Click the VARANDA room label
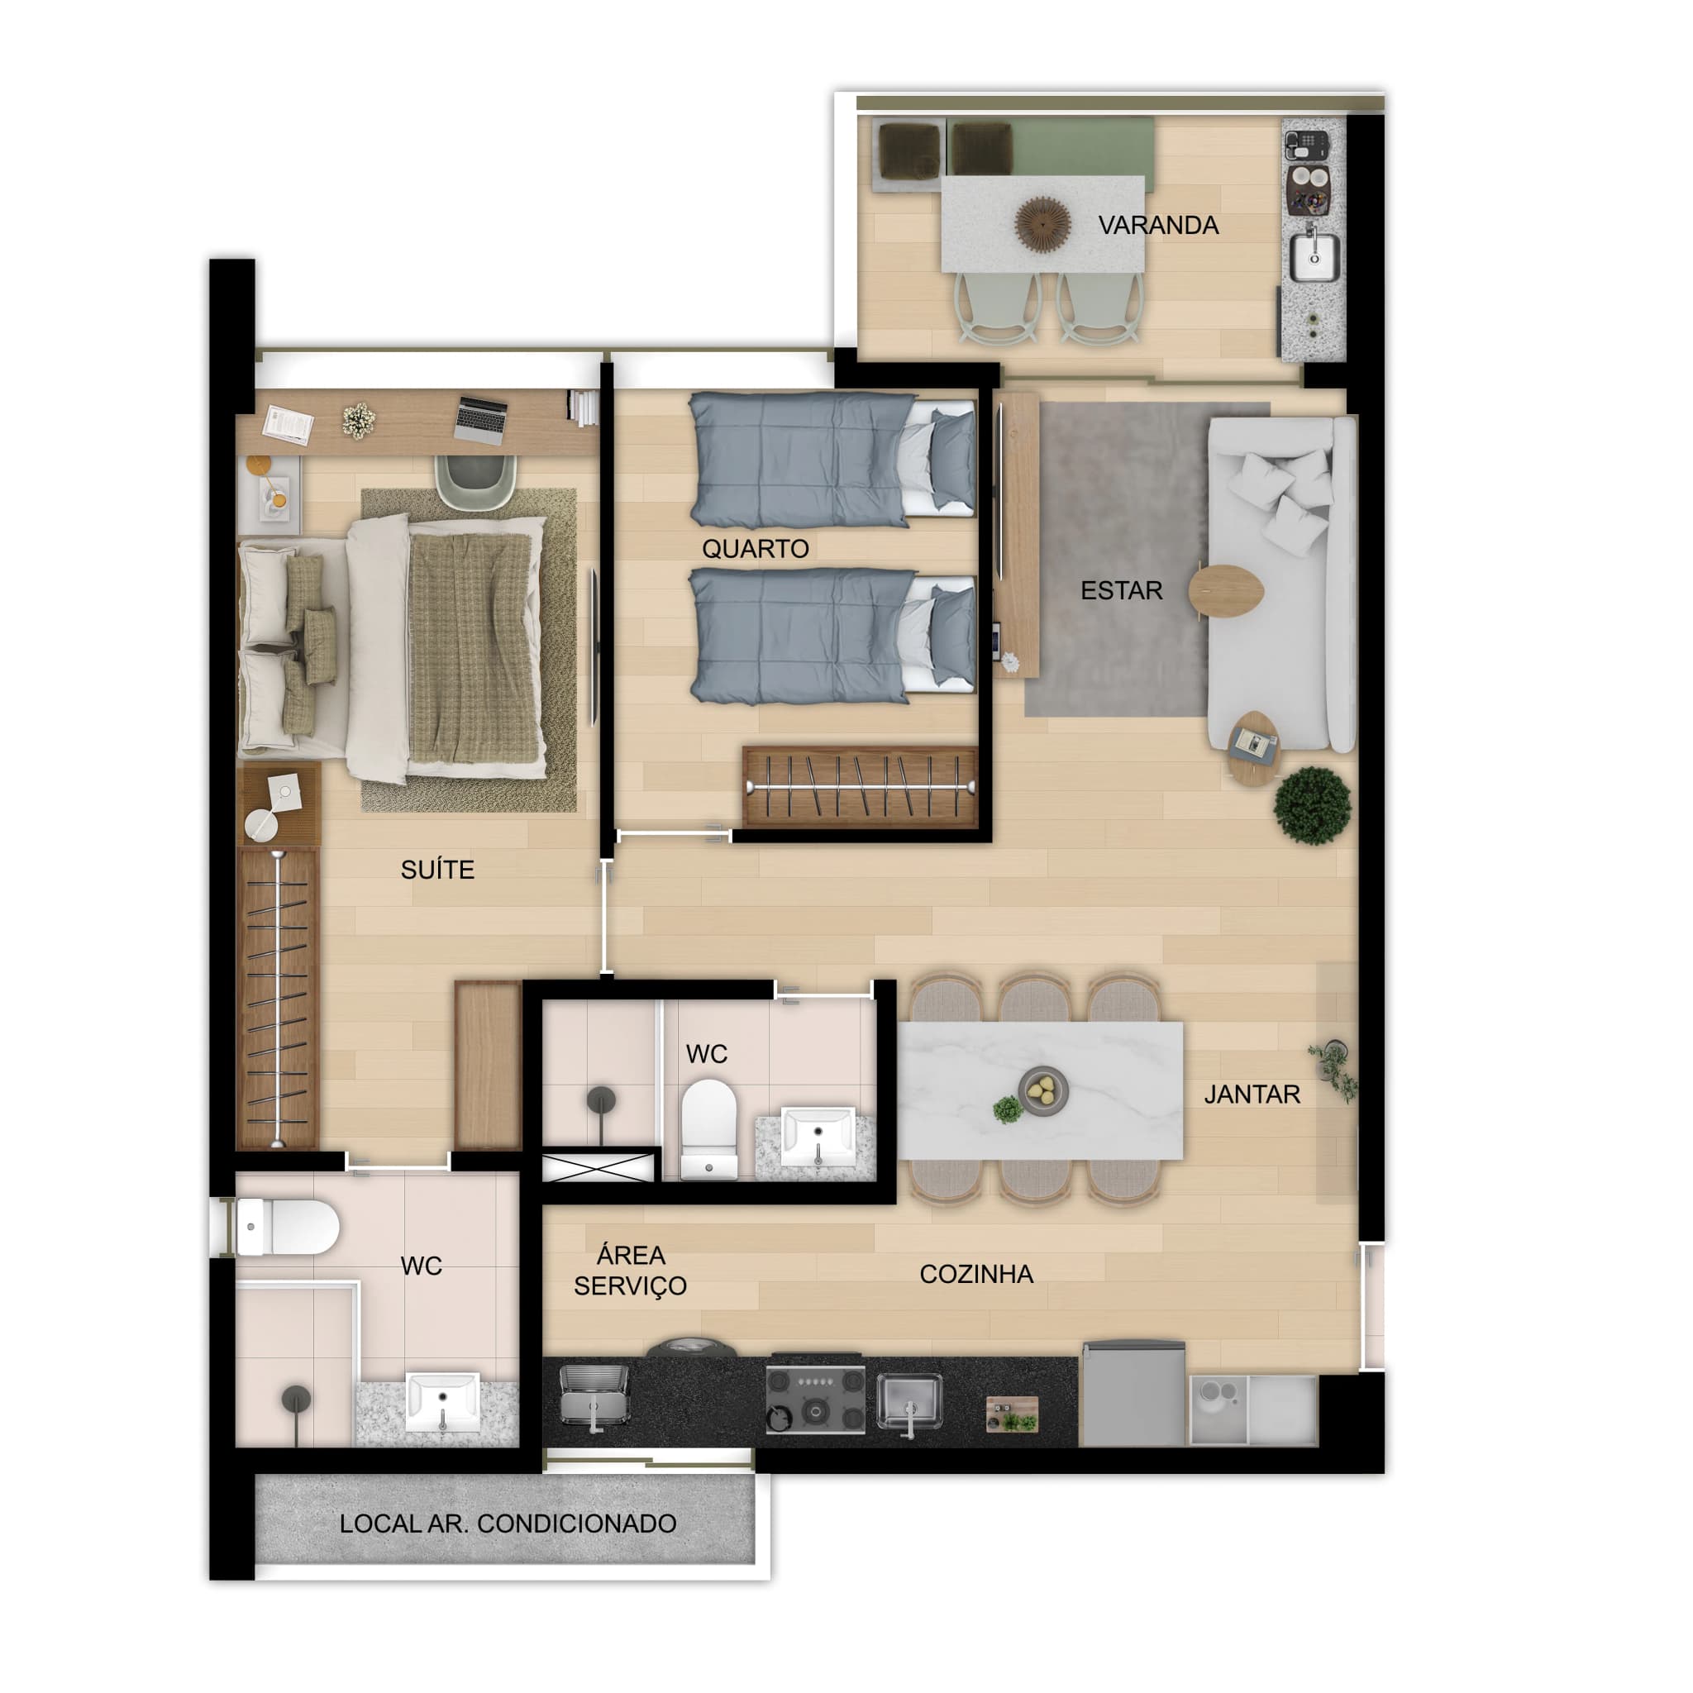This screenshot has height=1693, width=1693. [x=1157, y=225]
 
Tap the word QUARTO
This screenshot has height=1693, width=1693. [x=755, y=549]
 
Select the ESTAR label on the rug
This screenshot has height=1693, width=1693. [x=1121, y=590]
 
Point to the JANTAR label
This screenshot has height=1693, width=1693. [x=1252, y=1094]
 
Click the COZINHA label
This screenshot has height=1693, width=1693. [x=976, y=1274]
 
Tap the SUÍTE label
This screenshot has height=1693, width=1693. [x=437, y=870]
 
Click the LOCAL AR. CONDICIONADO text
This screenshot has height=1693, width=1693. [x=508, y=1524]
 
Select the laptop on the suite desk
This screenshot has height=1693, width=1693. [x=480, y=420]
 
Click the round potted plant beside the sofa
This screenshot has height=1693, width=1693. [x=1312, y=805]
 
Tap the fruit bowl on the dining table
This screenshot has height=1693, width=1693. [x=1042, y=1090]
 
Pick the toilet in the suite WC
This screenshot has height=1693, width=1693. [x=288, y=1228]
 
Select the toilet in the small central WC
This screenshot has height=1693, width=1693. [x=708, y=1128]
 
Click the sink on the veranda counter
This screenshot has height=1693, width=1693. [x=1314, y=258]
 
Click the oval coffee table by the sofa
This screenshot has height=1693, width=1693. [x=1226, y=592]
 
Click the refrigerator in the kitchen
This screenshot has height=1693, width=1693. [x=1134, y=1393]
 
